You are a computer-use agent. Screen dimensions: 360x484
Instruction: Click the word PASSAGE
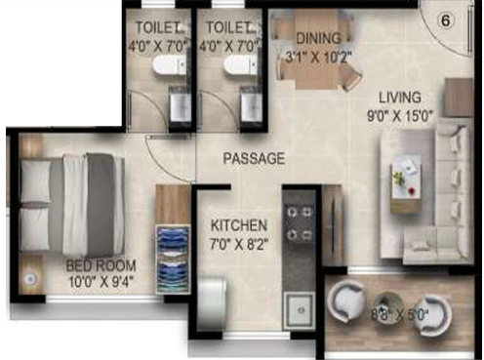click(x=254, y=157)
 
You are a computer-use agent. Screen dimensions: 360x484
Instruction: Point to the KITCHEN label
click(x=240, y=226)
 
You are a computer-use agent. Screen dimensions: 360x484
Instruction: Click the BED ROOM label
click(x=101, y=264)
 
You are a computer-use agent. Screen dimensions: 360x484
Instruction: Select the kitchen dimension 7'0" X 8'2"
click(x=240, y=244)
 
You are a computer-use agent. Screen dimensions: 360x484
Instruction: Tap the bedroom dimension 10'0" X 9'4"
click(x=101, y=282)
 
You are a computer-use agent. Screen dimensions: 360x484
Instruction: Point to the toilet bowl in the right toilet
click(x=235, y=63)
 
